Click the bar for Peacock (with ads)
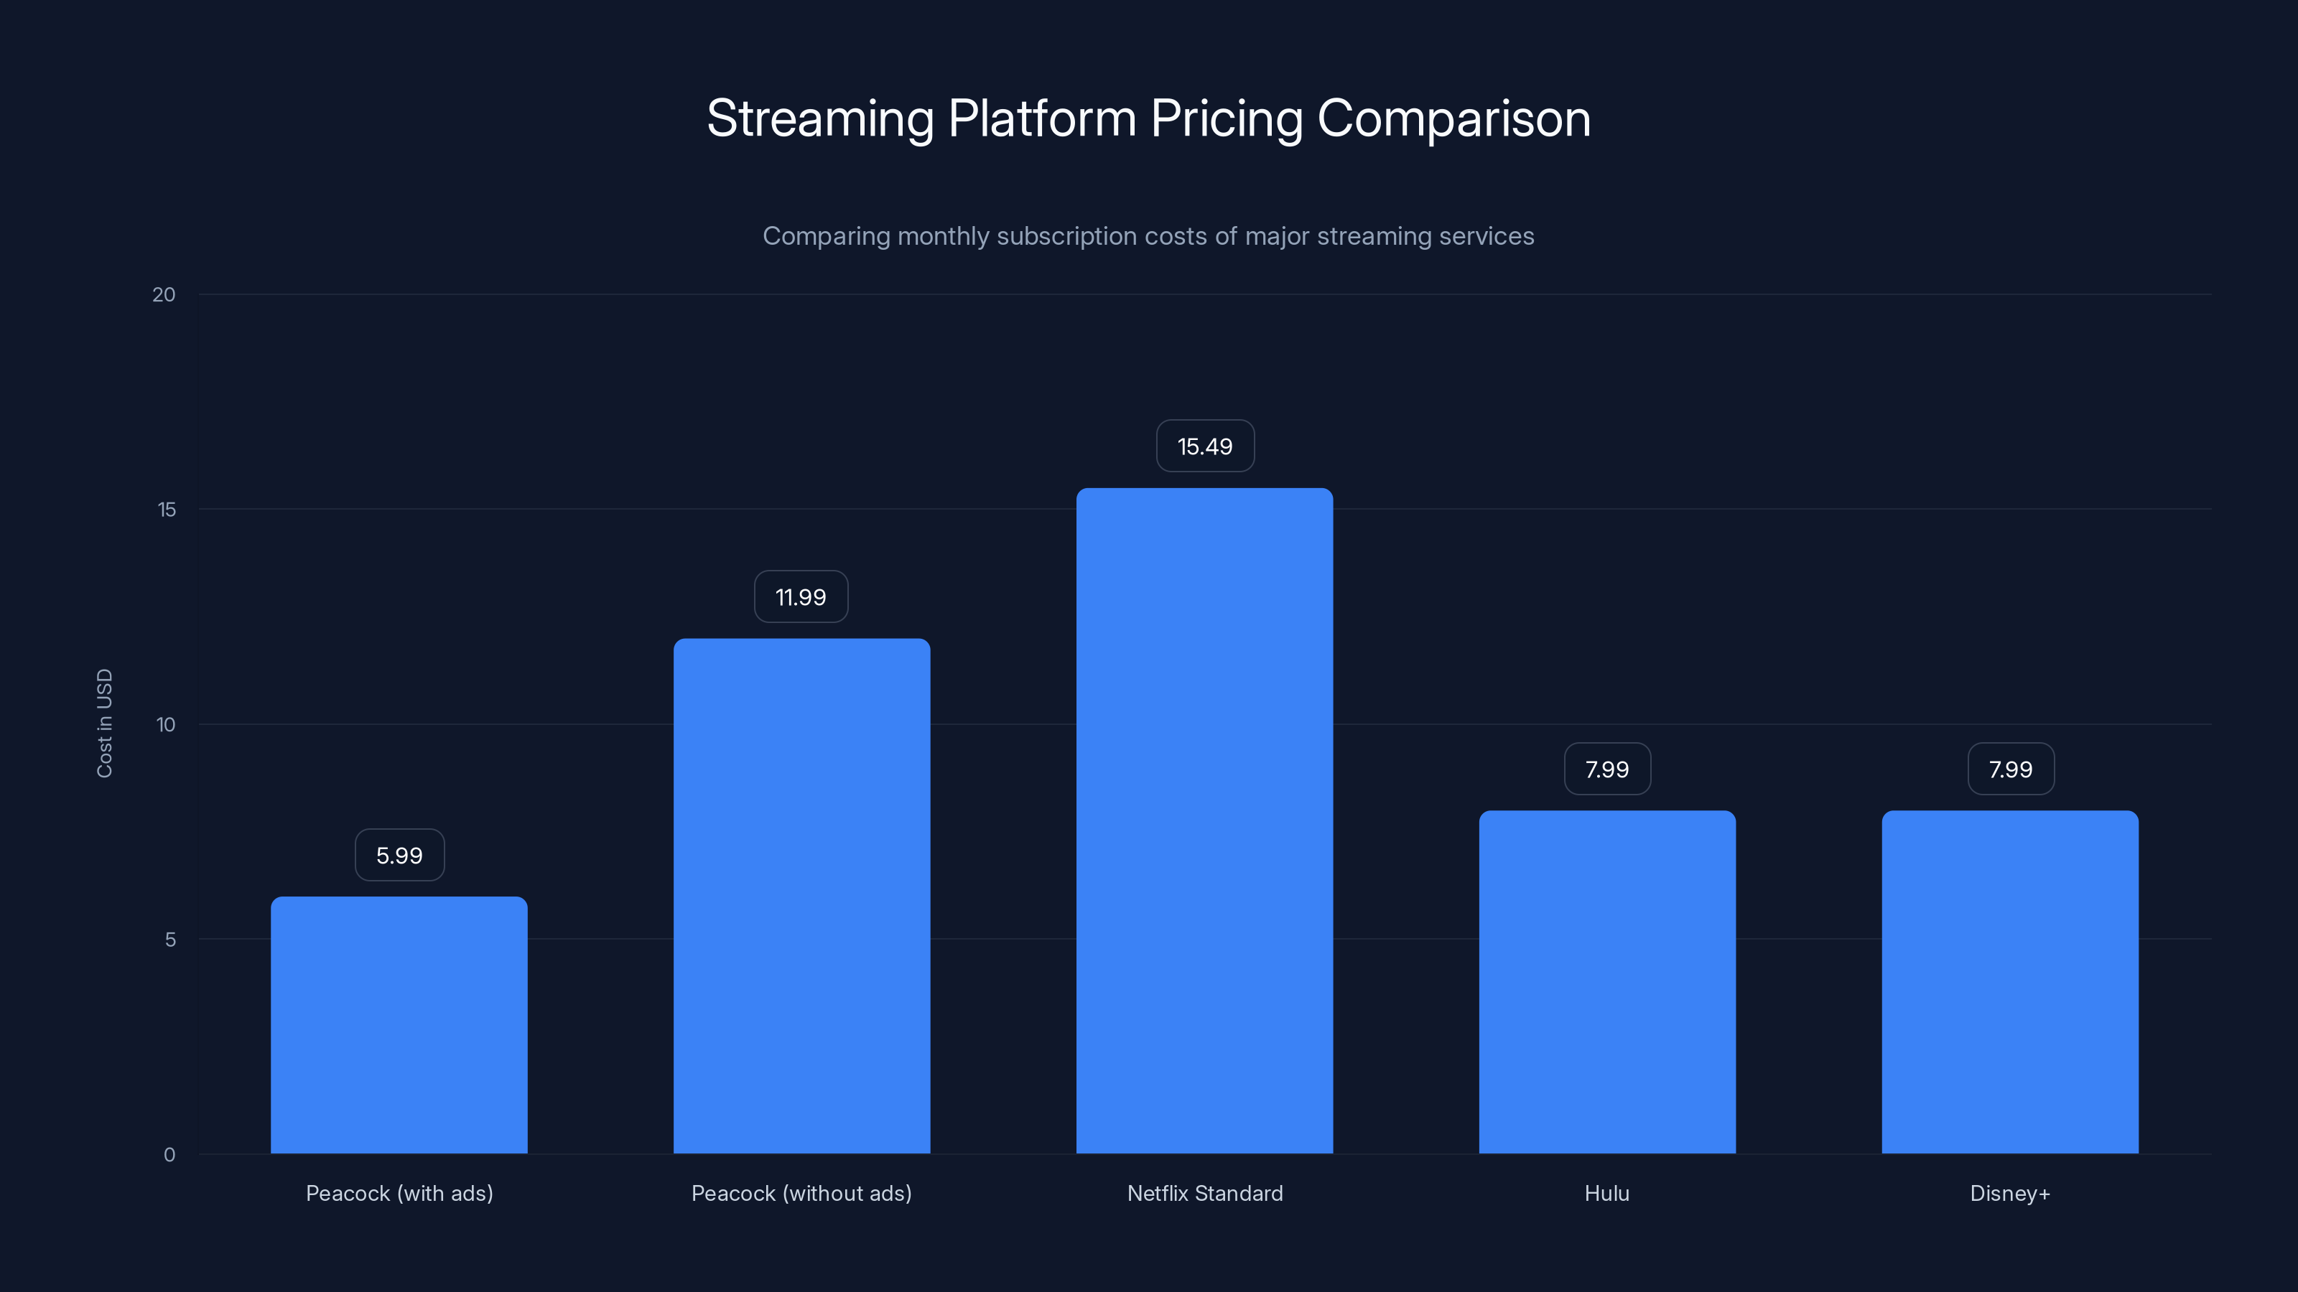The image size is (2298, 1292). point(399,1026)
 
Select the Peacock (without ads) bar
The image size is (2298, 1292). point(801,896)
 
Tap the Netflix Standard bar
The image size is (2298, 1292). point(1204,820)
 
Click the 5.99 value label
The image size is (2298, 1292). point(399,855)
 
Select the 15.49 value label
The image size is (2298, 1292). point(1204,446)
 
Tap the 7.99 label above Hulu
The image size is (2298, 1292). point(1606,769)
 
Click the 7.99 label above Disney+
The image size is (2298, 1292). point(2010,769)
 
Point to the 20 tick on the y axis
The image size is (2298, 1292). point(164,294)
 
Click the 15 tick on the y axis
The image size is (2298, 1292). point(166,509)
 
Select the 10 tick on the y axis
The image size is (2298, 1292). point(166,724)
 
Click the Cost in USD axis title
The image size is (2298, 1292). point(104,723)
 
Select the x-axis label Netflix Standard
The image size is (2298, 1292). point(1204,1193)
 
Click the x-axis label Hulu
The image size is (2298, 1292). point(1606,1193)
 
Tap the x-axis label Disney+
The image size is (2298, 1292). point(2010,1193)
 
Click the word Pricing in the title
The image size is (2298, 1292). point(1226,119)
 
